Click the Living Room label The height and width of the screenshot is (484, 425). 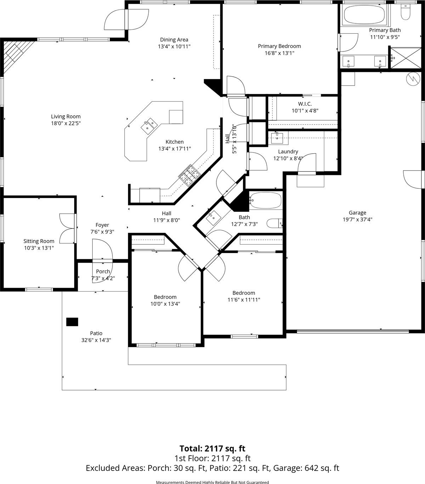pos(66,116)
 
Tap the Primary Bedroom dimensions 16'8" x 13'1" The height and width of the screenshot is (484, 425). pos(279,53)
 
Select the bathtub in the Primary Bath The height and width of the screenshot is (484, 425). pos(364,15)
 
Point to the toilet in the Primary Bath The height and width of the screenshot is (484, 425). pos(405,12)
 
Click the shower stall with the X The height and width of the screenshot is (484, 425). pos(405,58)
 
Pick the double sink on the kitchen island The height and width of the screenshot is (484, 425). pos(149,125)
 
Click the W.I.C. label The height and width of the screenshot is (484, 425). pos(305,104)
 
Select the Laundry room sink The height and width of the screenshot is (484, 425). pos(277,138)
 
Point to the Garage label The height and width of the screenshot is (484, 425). pos(357,213)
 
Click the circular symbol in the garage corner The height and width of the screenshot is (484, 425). pos(413,78)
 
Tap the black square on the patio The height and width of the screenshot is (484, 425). pos(72,322)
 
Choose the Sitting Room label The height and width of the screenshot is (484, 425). pos(39,241)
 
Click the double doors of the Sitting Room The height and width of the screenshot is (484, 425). pos(68,229)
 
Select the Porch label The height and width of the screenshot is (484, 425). pos(103,271)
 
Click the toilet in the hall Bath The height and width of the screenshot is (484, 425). pos(275,223)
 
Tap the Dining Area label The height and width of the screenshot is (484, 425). pos(174,40)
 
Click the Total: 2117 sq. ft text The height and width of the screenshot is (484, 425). pos(213,449)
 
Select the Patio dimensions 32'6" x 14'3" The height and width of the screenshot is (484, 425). pos(96,340)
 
